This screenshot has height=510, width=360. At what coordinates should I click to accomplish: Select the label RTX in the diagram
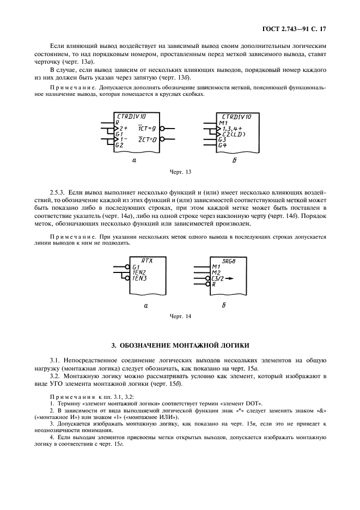click(x=147, y=261)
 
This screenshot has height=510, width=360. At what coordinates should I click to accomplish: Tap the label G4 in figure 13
click(x=222, y=145)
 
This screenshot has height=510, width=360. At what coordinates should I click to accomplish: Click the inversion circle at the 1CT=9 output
click(x=162, y=129)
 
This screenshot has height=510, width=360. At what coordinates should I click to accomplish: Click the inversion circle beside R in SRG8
click(x=208, y=284)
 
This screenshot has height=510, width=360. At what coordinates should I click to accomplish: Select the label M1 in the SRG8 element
click(x=216, y=267)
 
